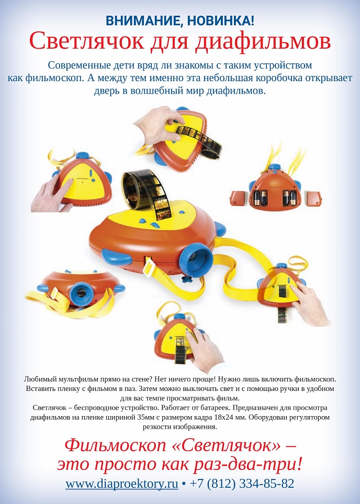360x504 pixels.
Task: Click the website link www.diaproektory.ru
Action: point(122,484)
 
